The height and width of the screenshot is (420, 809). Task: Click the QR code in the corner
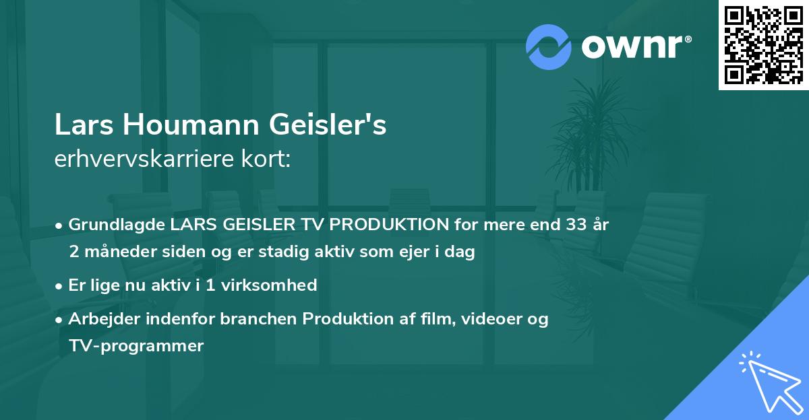[763, 45]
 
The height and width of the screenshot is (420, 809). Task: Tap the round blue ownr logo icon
[547, 46]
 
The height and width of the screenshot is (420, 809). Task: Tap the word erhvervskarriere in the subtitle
[139, 159]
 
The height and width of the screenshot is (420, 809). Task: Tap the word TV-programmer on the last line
[136, 346]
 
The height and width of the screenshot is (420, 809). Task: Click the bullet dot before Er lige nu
[60, 285]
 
